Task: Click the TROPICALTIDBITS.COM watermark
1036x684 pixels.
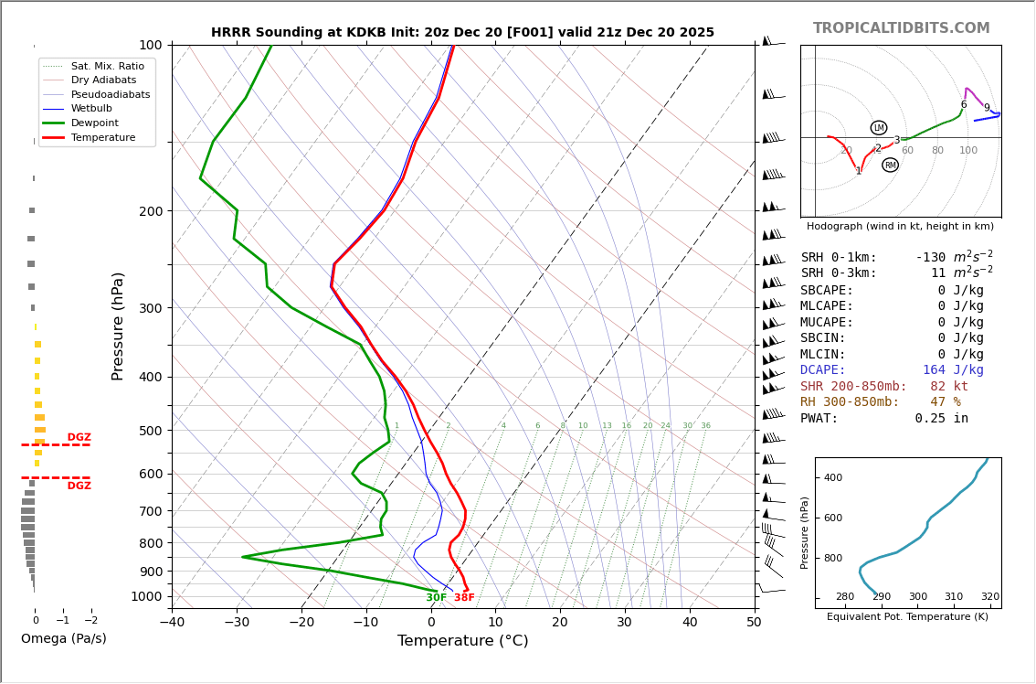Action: pyautogui.click(x=901, y=28)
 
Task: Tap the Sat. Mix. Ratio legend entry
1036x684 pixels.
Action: pyautogui.click(x=107, y=66)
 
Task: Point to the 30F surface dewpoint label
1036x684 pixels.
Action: pyautogui.click(x=436, y=598)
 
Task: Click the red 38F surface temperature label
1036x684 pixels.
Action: pyautogui.click(x=464, y=598)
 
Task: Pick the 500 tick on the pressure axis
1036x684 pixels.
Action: pyautogui.click(x=150, y=431)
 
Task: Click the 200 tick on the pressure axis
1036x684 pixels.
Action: pyautogui.click(x=150, y=211)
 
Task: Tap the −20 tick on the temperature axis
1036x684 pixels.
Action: pyautogui.click(x=301, y=623)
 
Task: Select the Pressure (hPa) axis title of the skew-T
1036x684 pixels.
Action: pyautogui.click(x=118, y=326)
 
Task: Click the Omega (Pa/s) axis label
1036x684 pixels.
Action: pyautogui.click(x=63, y=638)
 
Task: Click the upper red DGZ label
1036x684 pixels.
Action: pyautogui.click(x=79, y=437)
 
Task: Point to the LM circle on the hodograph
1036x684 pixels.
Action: pyautogui.click(x=879, y=128)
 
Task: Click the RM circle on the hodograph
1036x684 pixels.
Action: pyautogui.click(x=890, y=166)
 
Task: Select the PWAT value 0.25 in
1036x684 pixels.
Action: pyautogui.click(x=941, y=418)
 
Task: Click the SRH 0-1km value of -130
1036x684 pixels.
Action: pyautogui.click(x=931, y=258)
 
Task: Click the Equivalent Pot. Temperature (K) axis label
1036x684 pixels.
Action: pyautogui.click(x=907, y=617)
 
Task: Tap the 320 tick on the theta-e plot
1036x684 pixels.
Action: pyautogui.click(x=989, y=597)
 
